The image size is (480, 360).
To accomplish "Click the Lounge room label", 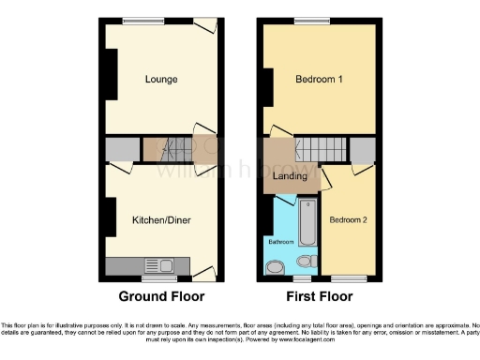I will coord(161,80).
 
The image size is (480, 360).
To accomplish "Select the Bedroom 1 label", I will coord(319,80).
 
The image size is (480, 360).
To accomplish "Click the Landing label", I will coord(290,175).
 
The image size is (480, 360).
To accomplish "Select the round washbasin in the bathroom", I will coord(274,267).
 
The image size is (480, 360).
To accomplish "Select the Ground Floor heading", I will coord(161,296).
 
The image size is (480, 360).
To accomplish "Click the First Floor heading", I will coord(320,296).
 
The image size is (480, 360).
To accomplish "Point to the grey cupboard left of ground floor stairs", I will coord(122,148).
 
